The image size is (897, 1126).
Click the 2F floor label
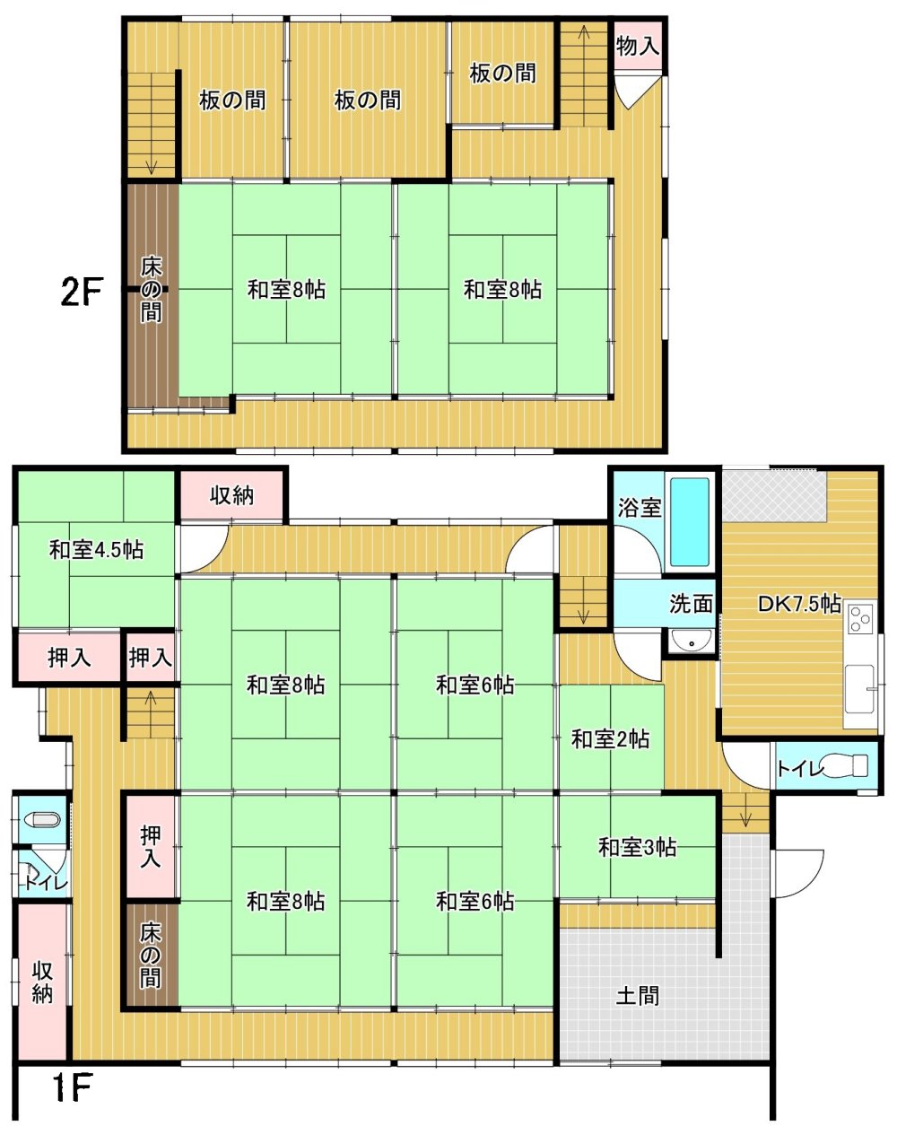(81, 292)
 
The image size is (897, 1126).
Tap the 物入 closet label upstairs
(638, 46)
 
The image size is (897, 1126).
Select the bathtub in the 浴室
(690, 521)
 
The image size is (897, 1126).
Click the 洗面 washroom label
(691, 604)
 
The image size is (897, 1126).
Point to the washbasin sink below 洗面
(692, 641)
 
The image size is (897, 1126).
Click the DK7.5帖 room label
(799, 604)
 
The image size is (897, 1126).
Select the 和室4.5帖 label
(96, 550)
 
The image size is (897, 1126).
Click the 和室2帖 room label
(610, 739)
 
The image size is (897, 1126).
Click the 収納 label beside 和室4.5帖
(231, 495)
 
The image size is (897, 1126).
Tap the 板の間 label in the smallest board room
(502, 74)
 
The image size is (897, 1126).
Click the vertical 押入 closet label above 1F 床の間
(151, 847)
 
